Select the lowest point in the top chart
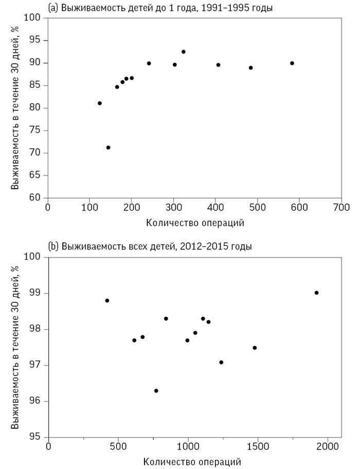point(108,148)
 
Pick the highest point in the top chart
point(183,52)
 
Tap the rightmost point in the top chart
point(292,63)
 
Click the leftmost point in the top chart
point(100,103)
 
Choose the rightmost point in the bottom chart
point(316,293)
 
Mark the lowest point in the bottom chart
point(156,391)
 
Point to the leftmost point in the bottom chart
point(107,300)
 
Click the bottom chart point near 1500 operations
point(255,348)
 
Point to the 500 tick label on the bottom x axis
point(118,446)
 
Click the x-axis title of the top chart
point(194,223)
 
